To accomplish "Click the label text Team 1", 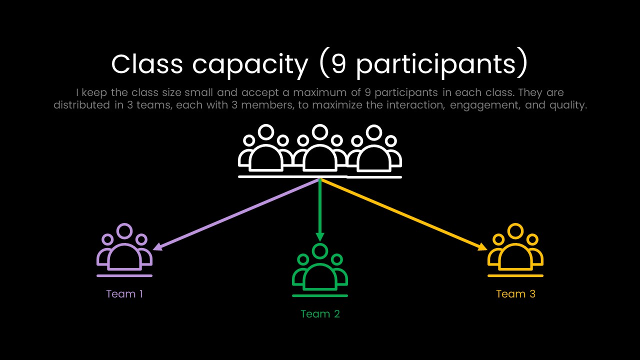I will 124,294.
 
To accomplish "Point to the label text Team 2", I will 320,314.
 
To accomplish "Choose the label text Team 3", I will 515,294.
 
